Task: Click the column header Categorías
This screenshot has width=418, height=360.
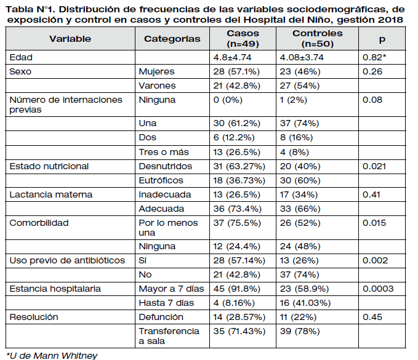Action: click(x=172, y=39)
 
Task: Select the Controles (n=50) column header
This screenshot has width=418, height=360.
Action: click(x=317, y=38)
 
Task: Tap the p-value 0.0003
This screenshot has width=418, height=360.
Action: click(x=378, y=289)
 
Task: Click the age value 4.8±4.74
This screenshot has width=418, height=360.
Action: click(x=232, y=57)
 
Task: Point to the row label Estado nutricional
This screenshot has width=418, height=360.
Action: click(x=49, y=166)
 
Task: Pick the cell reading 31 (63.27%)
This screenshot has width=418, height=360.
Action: click(x=239, y=166)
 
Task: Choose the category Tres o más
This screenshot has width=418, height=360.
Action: click(x=164, y=152)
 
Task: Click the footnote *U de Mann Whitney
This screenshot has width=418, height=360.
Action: click(x=52, y=356)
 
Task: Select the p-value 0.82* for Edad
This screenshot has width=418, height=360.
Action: click(x=374, y=57)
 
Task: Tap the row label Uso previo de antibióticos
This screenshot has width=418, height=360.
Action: click(x=67, y=260)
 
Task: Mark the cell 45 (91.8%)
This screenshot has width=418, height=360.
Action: click(x=237, y=289)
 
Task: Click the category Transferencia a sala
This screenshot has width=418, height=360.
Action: click(x=169, y=336)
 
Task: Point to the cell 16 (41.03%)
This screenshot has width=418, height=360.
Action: click(x=305, y=303)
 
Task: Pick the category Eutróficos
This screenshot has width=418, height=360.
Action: click(x=161, y=180)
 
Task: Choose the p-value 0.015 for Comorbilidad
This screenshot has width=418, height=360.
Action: click(x=374, y=223)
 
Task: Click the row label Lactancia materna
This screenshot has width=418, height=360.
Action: click(x=51, y=194)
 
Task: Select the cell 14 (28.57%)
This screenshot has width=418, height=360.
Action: click(x=239, y=317)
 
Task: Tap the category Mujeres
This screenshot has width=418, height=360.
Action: click(x=156, y=71)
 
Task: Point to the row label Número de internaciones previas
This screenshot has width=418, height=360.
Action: click(x=66, y=105)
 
